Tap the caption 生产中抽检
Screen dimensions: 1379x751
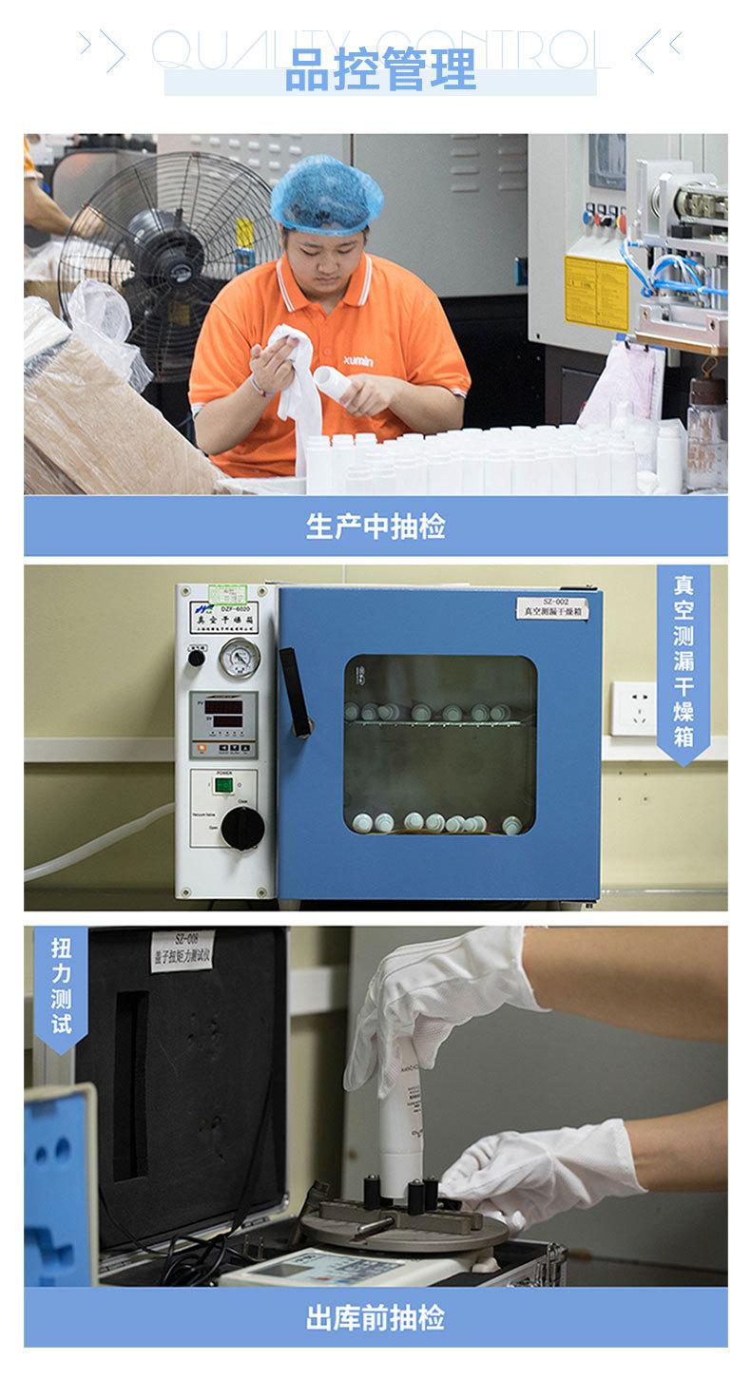pos(375,527)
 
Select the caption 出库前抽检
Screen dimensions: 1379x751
pos(375,1317)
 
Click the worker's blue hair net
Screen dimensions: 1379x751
pos(326,195)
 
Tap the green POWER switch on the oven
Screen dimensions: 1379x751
pos(223,786)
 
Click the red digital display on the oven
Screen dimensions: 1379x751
pos(224,712)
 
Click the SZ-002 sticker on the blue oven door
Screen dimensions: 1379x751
pos(553,608)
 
